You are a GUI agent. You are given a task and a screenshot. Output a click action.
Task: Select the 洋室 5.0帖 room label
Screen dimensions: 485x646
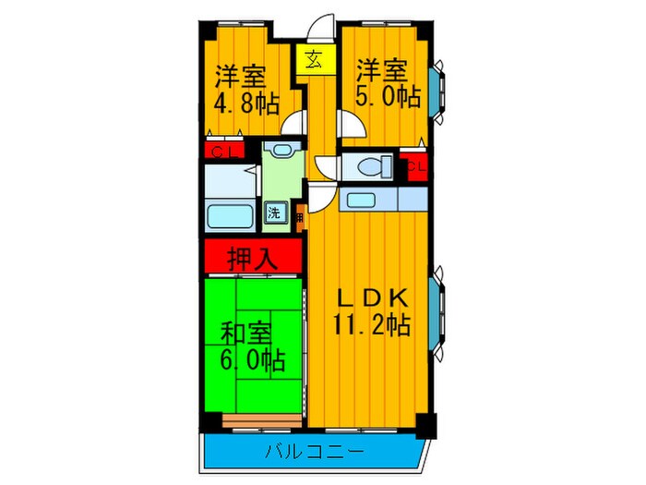pos(385,83)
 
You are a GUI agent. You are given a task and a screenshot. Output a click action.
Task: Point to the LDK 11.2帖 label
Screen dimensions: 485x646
pos(371,311)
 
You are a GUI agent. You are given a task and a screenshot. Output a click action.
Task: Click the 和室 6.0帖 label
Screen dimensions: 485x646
pos(251,345)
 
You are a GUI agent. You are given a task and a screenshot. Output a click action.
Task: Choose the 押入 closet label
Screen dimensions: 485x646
pos(253,256)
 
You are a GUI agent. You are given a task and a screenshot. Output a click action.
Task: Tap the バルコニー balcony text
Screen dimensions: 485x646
pos(314,452)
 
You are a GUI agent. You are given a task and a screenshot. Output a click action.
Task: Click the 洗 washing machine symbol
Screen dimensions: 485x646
pos(275,213)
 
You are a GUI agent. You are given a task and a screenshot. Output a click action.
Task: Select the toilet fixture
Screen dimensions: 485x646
pos(370,168)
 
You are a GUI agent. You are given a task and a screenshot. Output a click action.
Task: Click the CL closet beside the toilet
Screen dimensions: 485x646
pos(414,168)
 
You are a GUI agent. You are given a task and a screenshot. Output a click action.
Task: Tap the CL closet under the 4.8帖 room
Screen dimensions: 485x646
pos(222,152)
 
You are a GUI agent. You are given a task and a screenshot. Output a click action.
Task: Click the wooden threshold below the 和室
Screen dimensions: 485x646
pos(262,422)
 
